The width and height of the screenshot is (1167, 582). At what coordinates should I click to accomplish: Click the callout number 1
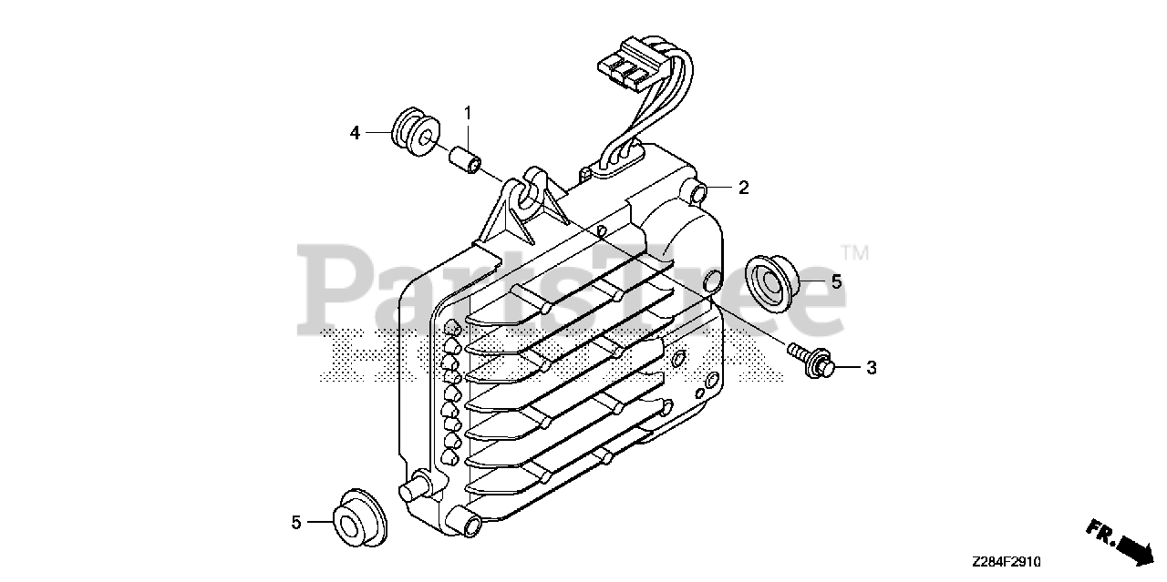468,114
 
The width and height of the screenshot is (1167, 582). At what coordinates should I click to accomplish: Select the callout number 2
744,189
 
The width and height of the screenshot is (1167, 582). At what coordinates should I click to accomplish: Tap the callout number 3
871,368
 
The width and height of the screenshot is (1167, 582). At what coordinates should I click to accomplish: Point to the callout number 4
356,133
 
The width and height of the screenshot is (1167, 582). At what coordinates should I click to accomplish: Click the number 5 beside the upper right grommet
836,281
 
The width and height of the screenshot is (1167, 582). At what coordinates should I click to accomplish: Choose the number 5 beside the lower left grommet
296,522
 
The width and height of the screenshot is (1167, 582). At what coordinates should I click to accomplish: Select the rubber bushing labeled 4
415,135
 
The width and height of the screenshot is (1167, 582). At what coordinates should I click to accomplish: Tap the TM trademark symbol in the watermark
853,252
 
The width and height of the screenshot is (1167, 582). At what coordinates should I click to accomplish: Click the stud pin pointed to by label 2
700,192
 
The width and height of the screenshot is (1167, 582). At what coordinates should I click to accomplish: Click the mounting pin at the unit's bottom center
472,525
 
